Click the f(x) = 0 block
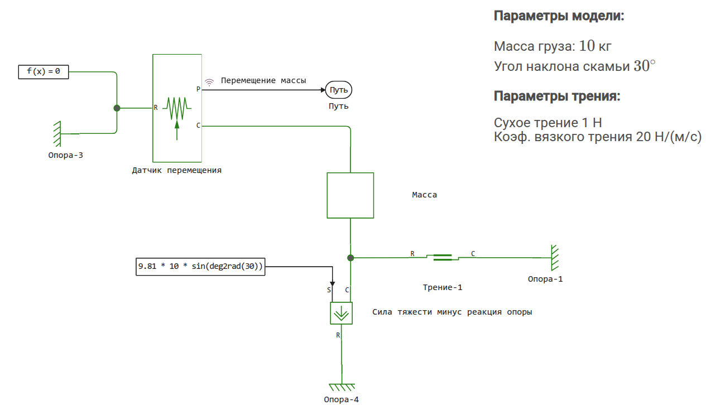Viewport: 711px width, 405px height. tap(43, 71)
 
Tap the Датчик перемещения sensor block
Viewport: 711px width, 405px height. tap(177, 108)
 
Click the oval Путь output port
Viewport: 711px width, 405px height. tap(339, 90)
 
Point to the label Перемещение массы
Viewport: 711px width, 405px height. tap(263, 80)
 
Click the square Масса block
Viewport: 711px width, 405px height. tap(350, 195)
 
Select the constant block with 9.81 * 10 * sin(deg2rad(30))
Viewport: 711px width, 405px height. tap(200, 267)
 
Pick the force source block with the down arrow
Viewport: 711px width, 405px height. tap(341, 313)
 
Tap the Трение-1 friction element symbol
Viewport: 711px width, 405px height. tap(443, 258)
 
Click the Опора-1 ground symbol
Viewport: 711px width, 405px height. tap(554, 258)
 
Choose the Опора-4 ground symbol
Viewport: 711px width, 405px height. tap(342, 387)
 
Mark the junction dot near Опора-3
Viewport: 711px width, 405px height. tap(117, 108)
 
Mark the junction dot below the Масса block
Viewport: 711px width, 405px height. tap(350, 258)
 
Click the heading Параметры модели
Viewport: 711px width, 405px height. tap(559, 16)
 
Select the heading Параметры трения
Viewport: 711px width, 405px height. tap(557, 97)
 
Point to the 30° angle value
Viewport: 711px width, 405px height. tap(644, 66)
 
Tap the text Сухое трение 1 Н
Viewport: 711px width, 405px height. tap(547, 123)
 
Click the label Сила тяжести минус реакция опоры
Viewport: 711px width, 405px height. tap(452, 312)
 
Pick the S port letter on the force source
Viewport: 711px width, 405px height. tap(329, 290)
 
